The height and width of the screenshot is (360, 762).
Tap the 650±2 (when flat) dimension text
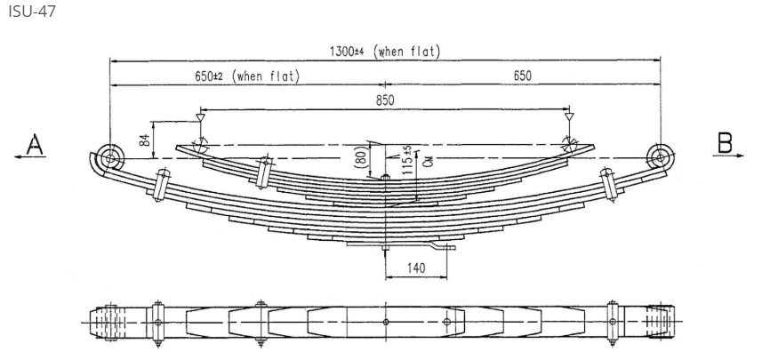[247, 76]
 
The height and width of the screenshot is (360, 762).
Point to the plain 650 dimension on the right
[522, 76]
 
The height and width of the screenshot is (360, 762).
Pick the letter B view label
[726, 142]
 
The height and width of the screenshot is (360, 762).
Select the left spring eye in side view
[110, 158]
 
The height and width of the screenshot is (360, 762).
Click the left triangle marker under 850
[200, 116]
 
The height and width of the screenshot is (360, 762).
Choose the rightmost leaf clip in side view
[610, 185]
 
